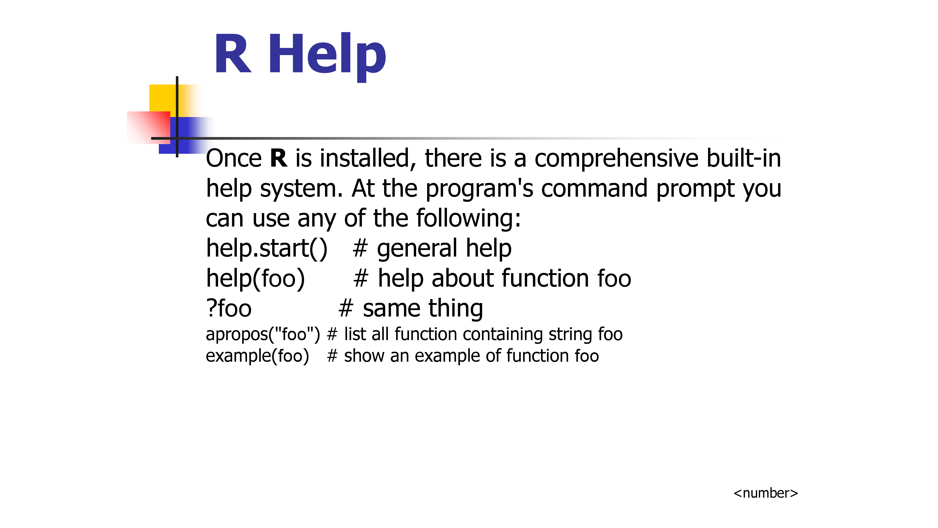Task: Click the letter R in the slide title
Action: click(x=233, y=54)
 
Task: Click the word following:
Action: click(x=469, y=218)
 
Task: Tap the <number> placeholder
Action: click(x=765, y=493)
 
